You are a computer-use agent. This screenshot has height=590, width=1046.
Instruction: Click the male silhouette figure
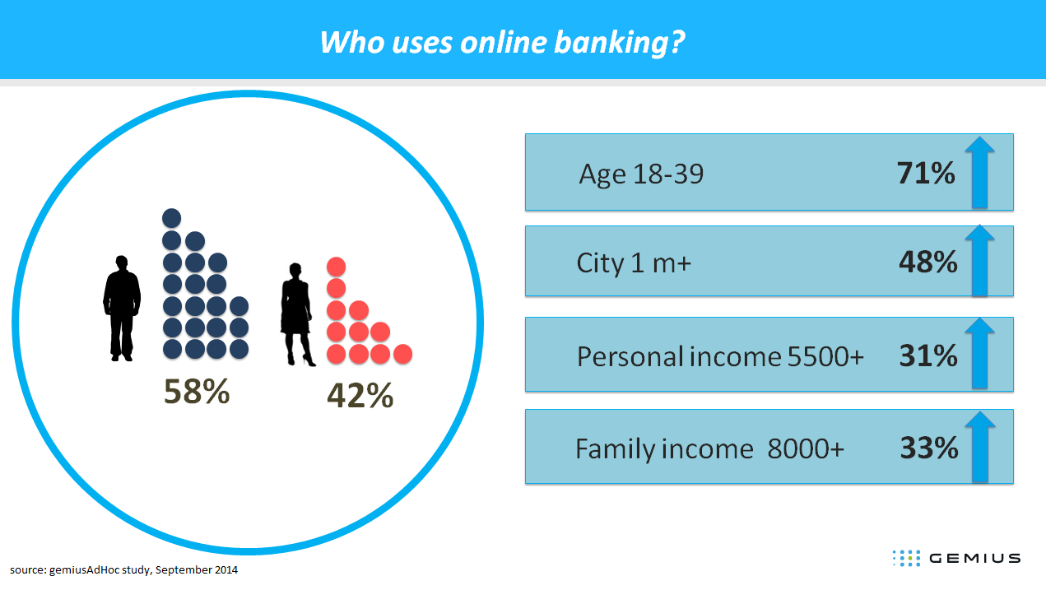pos(122,308)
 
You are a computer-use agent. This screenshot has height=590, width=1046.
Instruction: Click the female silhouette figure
pos(297,314)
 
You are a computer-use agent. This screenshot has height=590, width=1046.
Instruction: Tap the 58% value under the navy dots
pos(197,391)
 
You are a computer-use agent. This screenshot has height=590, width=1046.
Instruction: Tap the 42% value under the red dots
pos(360,395)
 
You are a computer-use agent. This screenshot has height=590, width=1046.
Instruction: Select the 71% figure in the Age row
pos(926,173)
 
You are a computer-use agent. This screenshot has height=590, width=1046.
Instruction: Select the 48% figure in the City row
pos(927,262)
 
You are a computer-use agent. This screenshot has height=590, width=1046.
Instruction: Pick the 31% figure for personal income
pos(928,355)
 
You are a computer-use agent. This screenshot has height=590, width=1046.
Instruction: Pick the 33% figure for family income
pos(929,448)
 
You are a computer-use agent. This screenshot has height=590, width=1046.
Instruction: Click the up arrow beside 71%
pos(979,172)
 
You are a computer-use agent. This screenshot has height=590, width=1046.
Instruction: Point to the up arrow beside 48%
pos(979,261)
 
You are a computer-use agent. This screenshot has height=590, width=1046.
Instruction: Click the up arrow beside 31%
pos(979,353)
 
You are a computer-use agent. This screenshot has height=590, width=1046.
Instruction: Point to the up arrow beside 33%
pos(980,447)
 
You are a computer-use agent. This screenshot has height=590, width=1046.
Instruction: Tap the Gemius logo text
pos(975,558)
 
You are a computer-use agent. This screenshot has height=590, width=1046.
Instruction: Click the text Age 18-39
pos(641,174)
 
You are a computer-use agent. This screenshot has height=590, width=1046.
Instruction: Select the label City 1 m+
pos(634,262)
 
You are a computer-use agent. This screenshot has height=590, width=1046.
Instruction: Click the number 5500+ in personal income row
pos(825,356)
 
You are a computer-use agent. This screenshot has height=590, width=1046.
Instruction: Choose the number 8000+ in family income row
pos(806,448)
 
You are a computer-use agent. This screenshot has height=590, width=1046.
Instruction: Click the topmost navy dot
pos(171,218)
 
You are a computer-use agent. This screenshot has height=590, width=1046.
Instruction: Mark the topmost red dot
pos(336,267)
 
